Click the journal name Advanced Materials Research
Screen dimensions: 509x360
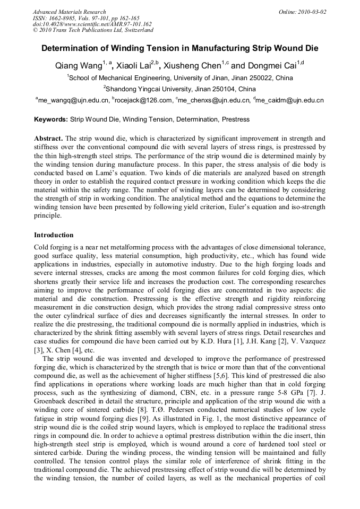pos(69,12)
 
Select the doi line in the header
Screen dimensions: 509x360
pos(92,24)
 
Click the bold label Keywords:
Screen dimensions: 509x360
pos(51,119)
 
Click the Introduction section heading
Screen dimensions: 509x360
pos(54,235)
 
